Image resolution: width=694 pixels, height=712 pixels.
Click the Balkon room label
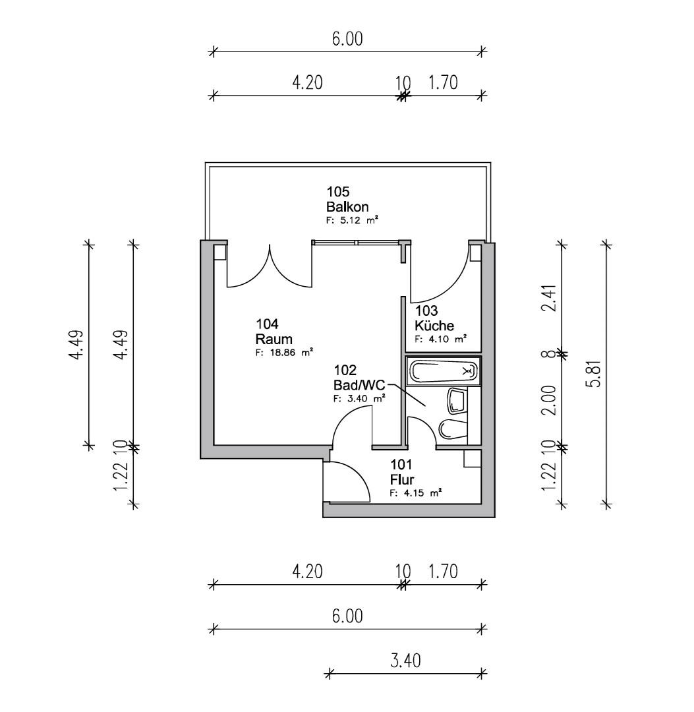(x=347, y=207)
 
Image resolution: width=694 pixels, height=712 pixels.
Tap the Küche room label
(x=434, y=326)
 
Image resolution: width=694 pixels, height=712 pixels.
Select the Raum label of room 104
(x=274, y=340)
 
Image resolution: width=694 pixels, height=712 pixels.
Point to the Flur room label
(x=401, y=479)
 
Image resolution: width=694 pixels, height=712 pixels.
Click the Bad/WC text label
(x=359, y=386)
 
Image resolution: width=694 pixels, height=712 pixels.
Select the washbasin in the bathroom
(x=457, y=401)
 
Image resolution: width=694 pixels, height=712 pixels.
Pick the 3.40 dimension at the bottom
(x=405, y=661)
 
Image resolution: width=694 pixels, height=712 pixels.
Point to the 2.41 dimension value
(x=551, y=297)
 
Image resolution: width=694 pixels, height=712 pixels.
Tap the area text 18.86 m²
(x=284, y=352)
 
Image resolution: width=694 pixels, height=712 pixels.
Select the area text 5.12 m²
(x=352, y=220)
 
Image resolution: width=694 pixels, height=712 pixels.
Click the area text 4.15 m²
(x=416, y=492)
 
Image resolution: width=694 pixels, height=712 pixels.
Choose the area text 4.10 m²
(x=441, y=339)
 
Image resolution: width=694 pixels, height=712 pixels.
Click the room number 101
(x=401, y=465)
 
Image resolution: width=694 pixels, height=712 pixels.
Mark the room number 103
(x=426, y=311)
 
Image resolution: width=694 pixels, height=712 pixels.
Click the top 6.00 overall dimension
(x=347, y=39)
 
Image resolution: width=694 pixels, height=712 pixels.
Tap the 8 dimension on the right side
(x=551, y=354)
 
